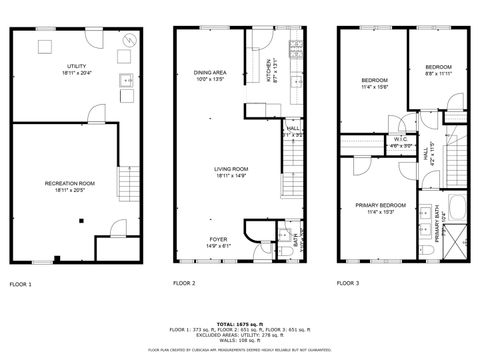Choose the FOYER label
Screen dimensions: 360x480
tap(217, 241)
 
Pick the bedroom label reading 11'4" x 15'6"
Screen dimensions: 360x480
tap(375, 82)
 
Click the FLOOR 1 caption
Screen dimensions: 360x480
tap(21, 285)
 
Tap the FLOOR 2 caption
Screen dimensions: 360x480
tap(183, 285)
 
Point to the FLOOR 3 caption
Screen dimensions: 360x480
tap(347, 285)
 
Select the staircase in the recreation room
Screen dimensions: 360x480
tap(126, 184)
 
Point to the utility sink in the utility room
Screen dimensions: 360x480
tap(123, 81)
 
